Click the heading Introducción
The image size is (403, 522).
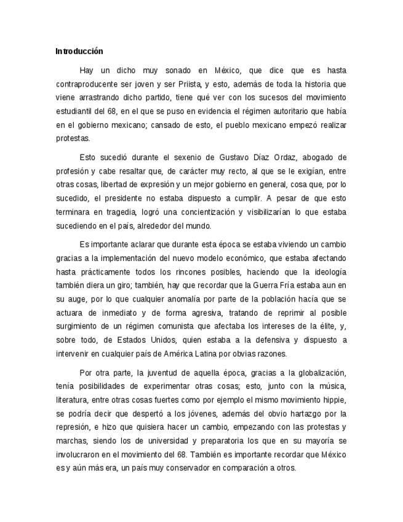click(x=79, y=51)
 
